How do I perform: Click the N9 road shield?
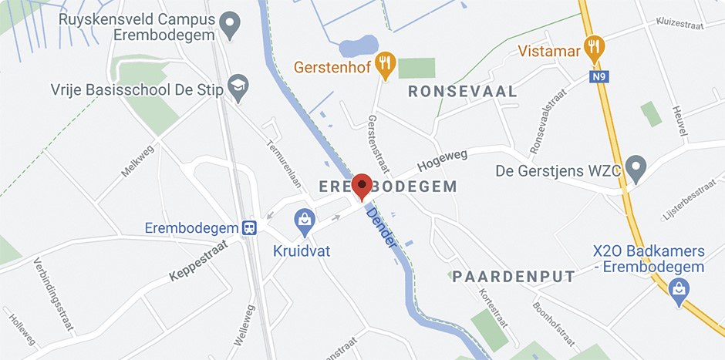(599, 77)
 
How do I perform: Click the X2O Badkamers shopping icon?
(679, 289)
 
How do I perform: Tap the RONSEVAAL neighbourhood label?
(462, 92)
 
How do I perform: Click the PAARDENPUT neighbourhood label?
(514, 276)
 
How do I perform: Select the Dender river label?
(383, 227)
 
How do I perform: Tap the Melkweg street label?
(137, 161)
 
